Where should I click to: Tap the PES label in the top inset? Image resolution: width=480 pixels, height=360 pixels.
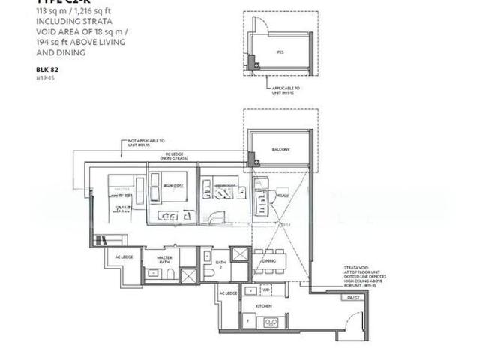(280, 53)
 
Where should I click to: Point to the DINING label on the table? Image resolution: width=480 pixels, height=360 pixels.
(268, 260)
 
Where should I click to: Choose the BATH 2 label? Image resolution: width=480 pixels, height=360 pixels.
(220, 264)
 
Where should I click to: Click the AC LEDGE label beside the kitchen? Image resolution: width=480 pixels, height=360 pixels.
(228, 292)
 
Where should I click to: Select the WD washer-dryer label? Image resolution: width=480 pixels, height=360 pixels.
(266, 289)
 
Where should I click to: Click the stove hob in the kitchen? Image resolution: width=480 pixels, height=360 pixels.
(271, 322)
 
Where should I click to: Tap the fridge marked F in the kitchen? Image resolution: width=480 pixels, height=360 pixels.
(248, 320)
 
